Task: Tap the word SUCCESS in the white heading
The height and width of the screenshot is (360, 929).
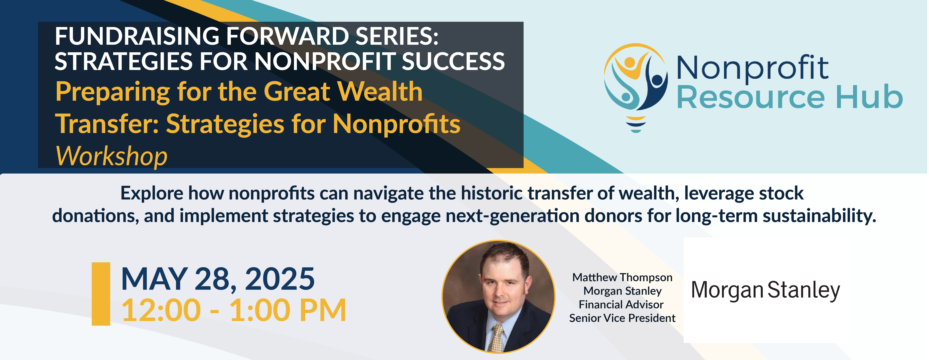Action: (453, 61)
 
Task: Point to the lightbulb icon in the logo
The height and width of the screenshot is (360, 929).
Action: (635, 88)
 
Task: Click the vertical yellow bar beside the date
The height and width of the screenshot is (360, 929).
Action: (101, 294)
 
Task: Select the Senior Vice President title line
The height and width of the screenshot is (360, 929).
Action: (622, 318)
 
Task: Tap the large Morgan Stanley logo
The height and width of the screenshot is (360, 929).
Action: (765, 290)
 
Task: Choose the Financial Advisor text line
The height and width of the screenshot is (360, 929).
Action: (621, 305)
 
